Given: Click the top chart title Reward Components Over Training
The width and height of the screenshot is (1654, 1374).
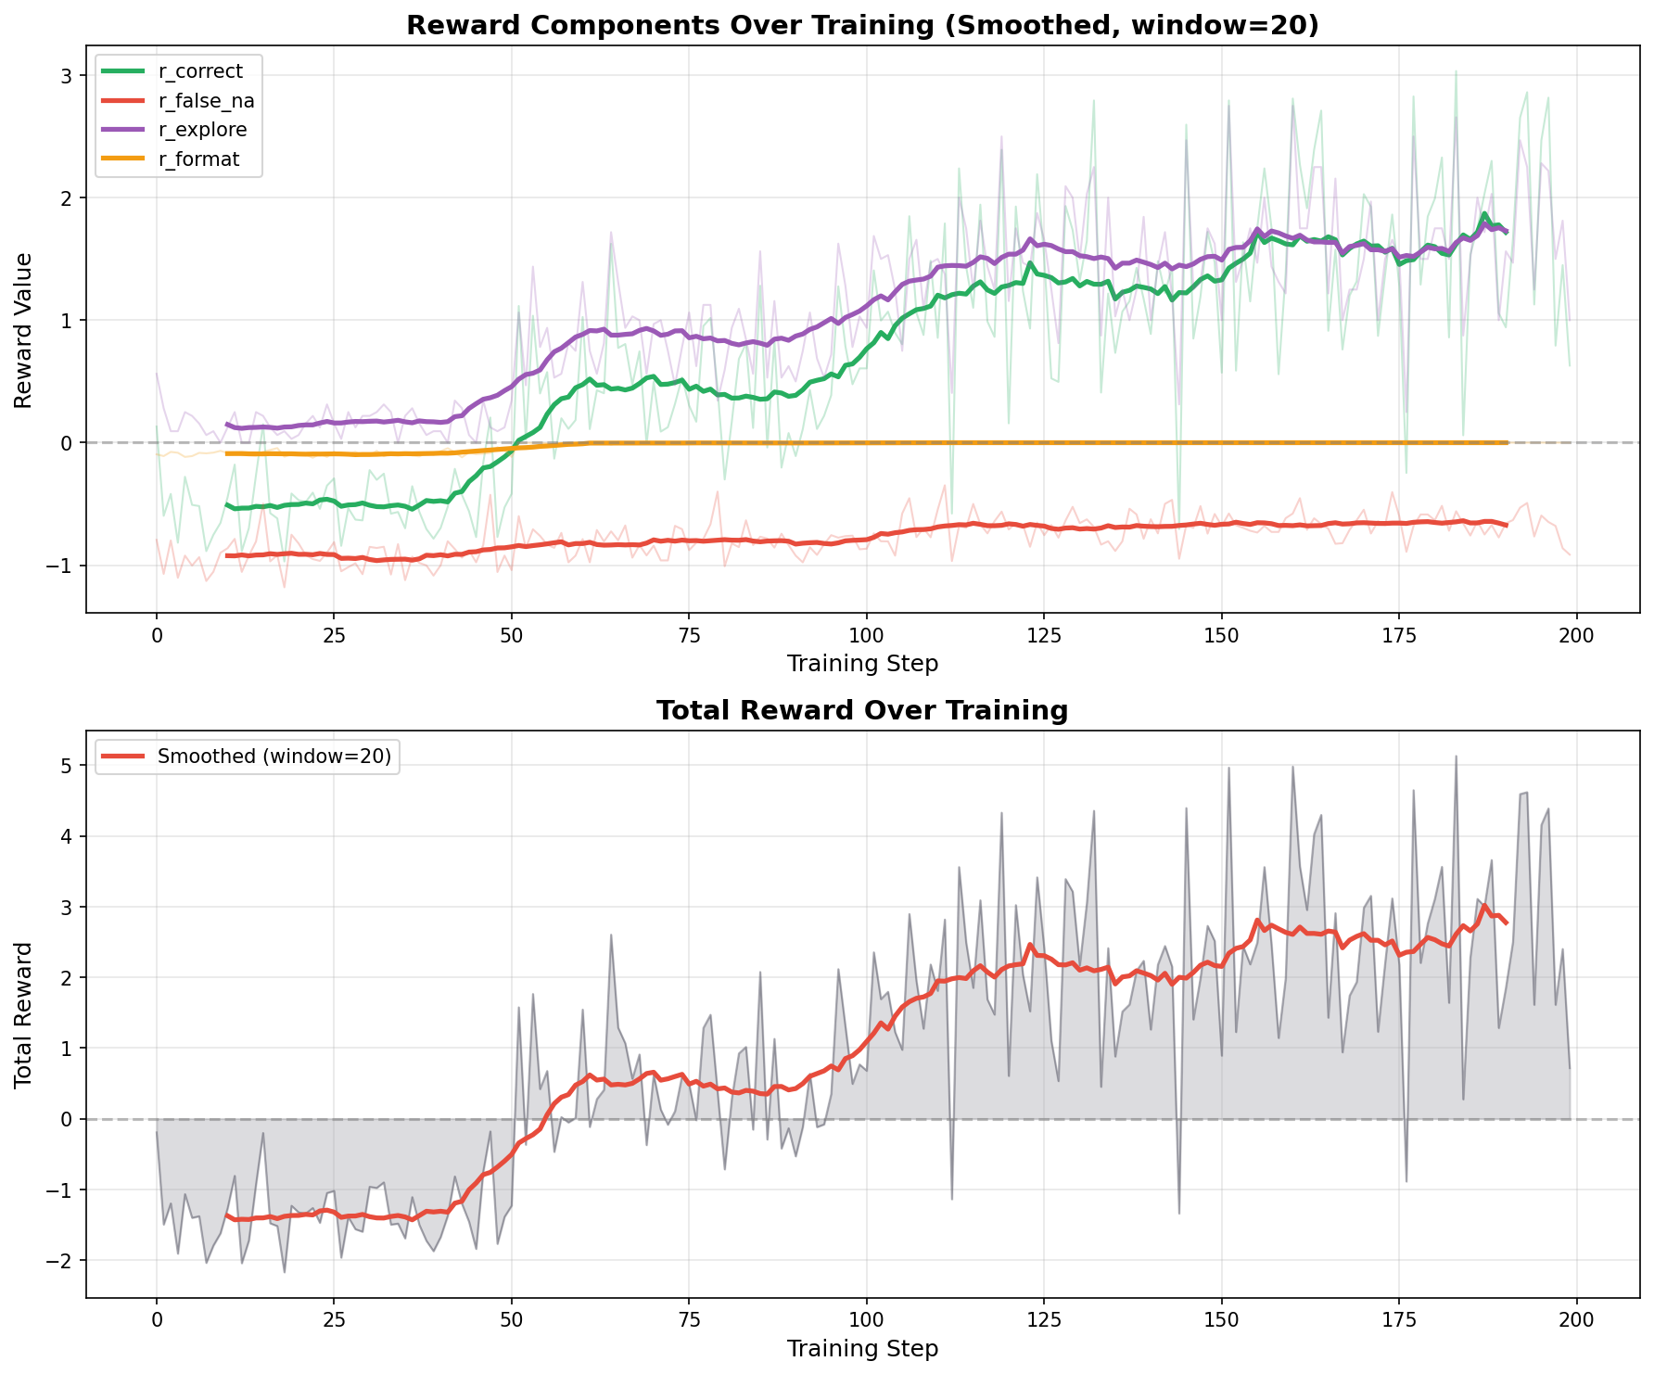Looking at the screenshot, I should coord(862,25).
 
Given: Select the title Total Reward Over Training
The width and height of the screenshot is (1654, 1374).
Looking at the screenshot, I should coord(862,711).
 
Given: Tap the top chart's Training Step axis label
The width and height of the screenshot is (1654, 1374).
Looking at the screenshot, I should coord(862,664).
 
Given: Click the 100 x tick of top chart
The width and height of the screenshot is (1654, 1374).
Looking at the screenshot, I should coord(866,636).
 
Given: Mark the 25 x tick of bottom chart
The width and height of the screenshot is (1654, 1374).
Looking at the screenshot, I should coord(334,1320).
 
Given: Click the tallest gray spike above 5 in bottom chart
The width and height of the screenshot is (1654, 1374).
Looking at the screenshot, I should coord(1456,757).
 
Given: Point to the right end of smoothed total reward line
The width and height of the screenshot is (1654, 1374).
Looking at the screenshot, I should coord(1507,923).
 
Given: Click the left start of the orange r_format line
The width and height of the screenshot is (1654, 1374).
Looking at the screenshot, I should coord(227,454).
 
